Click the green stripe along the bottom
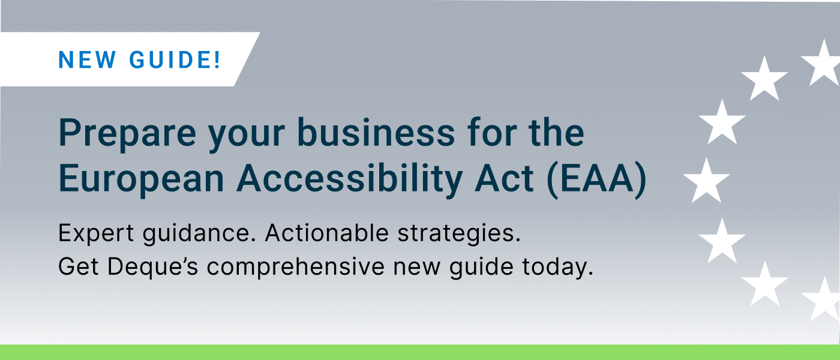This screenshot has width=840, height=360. (x=420, y=352)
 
